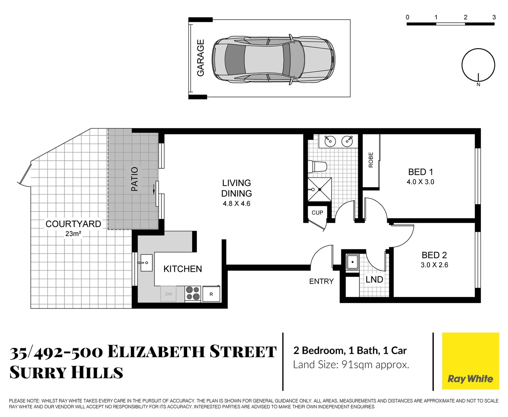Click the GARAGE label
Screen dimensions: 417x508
[x=200, y=58]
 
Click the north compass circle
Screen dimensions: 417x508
[x=478, y=65]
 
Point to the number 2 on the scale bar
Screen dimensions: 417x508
[x=465, y=17]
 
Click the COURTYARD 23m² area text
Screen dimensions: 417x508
[x=73, y=234]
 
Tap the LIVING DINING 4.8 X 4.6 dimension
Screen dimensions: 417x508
[x=236, y=204]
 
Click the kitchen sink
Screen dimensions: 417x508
[x=146, y=263]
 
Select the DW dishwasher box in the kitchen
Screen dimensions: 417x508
[x=169, y=294]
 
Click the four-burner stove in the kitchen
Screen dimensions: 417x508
[x=193, y=293]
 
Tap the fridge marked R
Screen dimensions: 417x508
[x=211, y=294]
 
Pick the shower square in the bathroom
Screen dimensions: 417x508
[x=319, y=189]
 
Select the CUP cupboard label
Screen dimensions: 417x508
[x=317, y=213]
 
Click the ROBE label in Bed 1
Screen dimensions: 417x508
[x=371, y=160]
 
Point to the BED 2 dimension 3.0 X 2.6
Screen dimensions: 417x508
[x=434, y=265]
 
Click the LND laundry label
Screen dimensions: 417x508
[x=374, y=280]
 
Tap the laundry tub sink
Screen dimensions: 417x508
[x=352, y=262]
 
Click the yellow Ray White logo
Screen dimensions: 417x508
[x=470, y=361]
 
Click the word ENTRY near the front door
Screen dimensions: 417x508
[x=321, y=281]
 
